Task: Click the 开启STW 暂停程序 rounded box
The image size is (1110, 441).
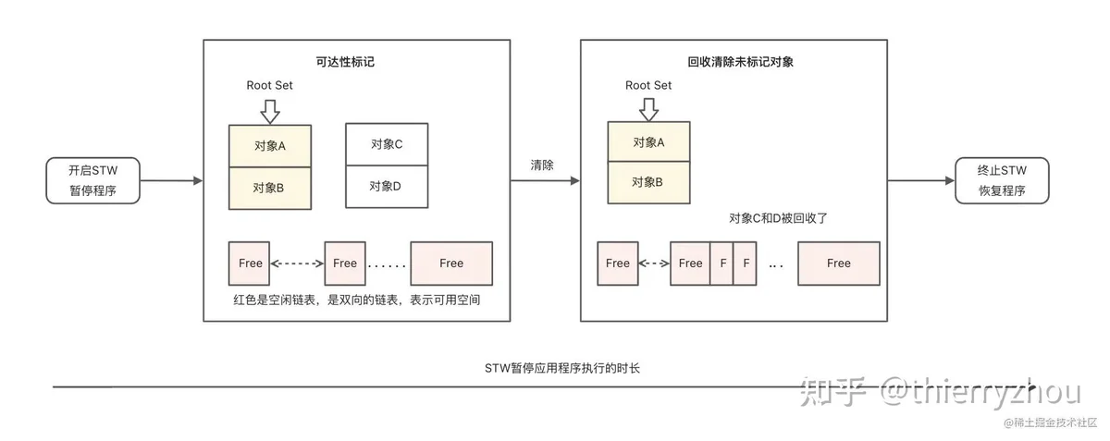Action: (x=93, y=180)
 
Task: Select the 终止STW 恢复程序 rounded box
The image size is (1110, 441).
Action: (x=1002, y=180)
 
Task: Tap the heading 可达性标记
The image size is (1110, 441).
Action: (x=345, y=62)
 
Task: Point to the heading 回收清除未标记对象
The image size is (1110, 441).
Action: (x=740, y=62)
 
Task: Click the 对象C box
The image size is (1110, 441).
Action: (x=387, y=144)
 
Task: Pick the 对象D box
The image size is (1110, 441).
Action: (x=387, y=187)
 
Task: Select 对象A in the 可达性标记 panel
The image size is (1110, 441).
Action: (x=270, y=146)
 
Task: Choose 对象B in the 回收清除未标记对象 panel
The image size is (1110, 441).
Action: (x=648, y=182)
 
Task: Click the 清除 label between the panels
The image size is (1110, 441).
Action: (x=542, y=165)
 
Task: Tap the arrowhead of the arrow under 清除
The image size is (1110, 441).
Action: (x=575, y=181)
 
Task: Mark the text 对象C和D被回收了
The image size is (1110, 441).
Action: (x=778, y=218)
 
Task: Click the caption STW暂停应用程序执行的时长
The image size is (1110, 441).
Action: (x=562, y=368)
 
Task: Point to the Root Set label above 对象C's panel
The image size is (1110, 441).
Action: (x=269, y=85)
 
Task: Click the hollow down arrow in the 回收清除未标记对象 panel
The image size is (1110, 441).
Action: (x=648, y=109)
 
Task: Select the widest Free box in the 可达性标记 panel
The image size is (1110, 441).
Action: (x=451, y=263)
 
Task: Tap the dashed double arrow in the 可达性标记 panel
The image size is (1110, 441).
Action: (x=297, y=263)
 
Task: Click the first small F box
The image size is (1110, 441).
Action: (x=722, y=263)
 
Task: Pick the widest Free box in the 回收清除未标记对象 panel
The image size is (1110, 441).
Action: (x=838, y=263)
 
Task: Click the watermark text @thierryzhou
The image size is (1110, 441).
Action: (x=980, y=392)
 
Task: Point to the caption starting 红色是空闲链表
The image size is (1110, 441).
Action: (x=357, y=300)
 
